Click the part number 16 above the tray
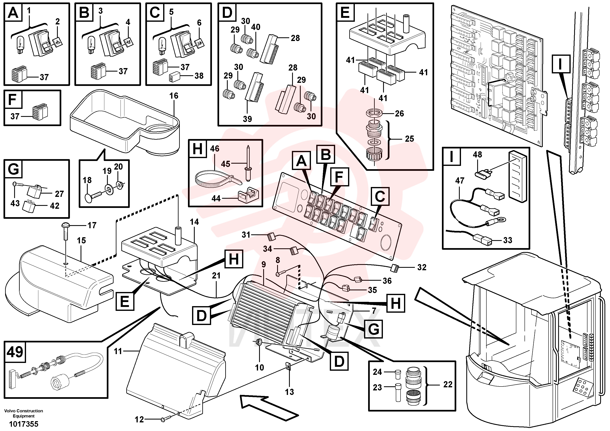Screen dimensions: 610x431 click(174, 96)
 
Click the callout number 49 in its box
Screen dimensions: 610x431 click(15, 352)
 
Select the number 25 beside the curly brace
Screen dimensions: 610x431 click(409, 139)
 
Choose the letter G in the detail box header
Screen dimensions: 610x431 click(13, 169)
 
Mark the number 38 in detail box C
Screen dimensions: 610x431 click(199, 76)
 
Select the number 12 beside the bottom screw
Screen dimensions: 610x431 click(139, 420)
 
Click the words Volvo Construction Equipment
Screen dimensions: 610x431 click(24, 413)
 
